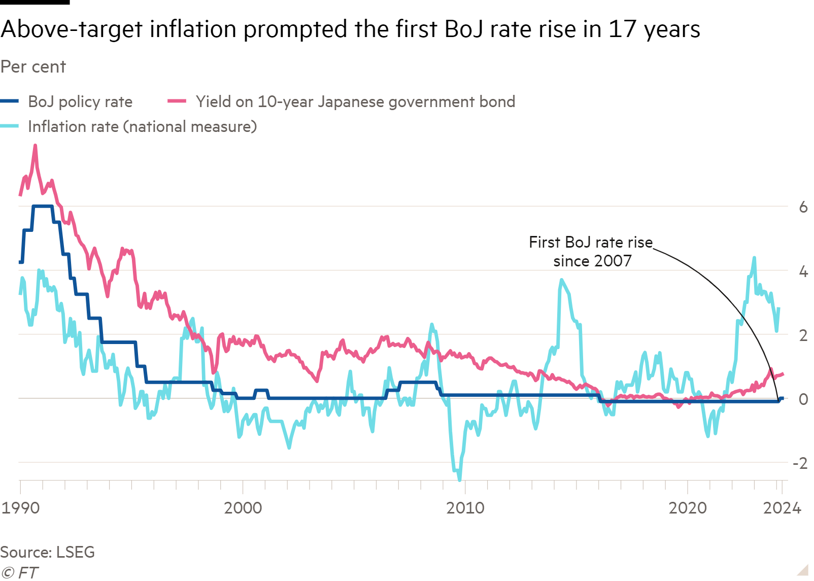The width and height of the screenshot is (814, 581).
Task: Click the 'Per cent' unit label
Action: pos(33,67)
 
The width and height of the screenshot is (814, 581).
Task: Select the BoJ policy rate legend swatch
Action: pos(10,102)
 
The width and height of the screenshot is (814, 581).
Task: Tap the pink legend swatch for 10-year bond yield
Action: pos(177,102)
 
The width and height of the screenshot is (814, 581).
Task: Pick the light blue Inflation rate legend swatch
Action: pos(10,127)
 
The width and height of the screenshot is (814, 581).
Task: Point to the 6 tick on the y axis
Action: pos(803,207)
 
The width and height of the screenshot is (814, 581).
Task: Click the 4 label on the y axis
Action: pos(803,271)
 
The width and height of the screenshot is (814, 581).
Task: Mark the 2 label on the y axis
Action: pos(803,335)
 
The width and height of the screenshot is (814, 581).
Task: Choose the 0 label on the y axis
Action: pos(803,399)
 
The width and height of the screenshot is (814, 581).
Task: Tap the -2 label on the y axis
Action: pos(800,463)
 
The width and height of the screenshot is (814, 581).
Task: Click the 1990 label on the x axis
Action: pos(20,508)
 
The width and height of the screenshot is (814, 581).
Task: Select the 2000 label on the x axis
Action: pos(243,508)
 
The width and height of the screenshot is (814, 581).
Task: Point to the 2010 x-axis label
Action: pos(465,508)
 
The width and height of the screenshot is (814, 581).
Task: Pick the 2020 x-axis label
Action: pos(687,508)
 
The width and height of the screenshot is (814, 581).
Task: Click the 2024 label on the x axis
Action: pos(782,508)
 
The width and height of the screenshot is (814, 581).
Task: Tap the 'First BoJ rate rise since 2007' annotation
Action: pos(591,252)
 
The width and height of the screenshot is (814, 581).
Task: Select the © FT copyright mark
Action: pos(19,573)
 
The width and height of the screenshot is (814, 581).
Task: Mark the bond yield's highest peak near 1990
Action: pos(35,146)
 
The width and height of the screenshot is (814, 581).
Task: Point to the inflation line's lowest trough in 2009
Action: pos(460,480)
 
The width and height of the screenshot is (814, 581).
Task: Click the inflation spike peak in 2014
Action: pos(561,280)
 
